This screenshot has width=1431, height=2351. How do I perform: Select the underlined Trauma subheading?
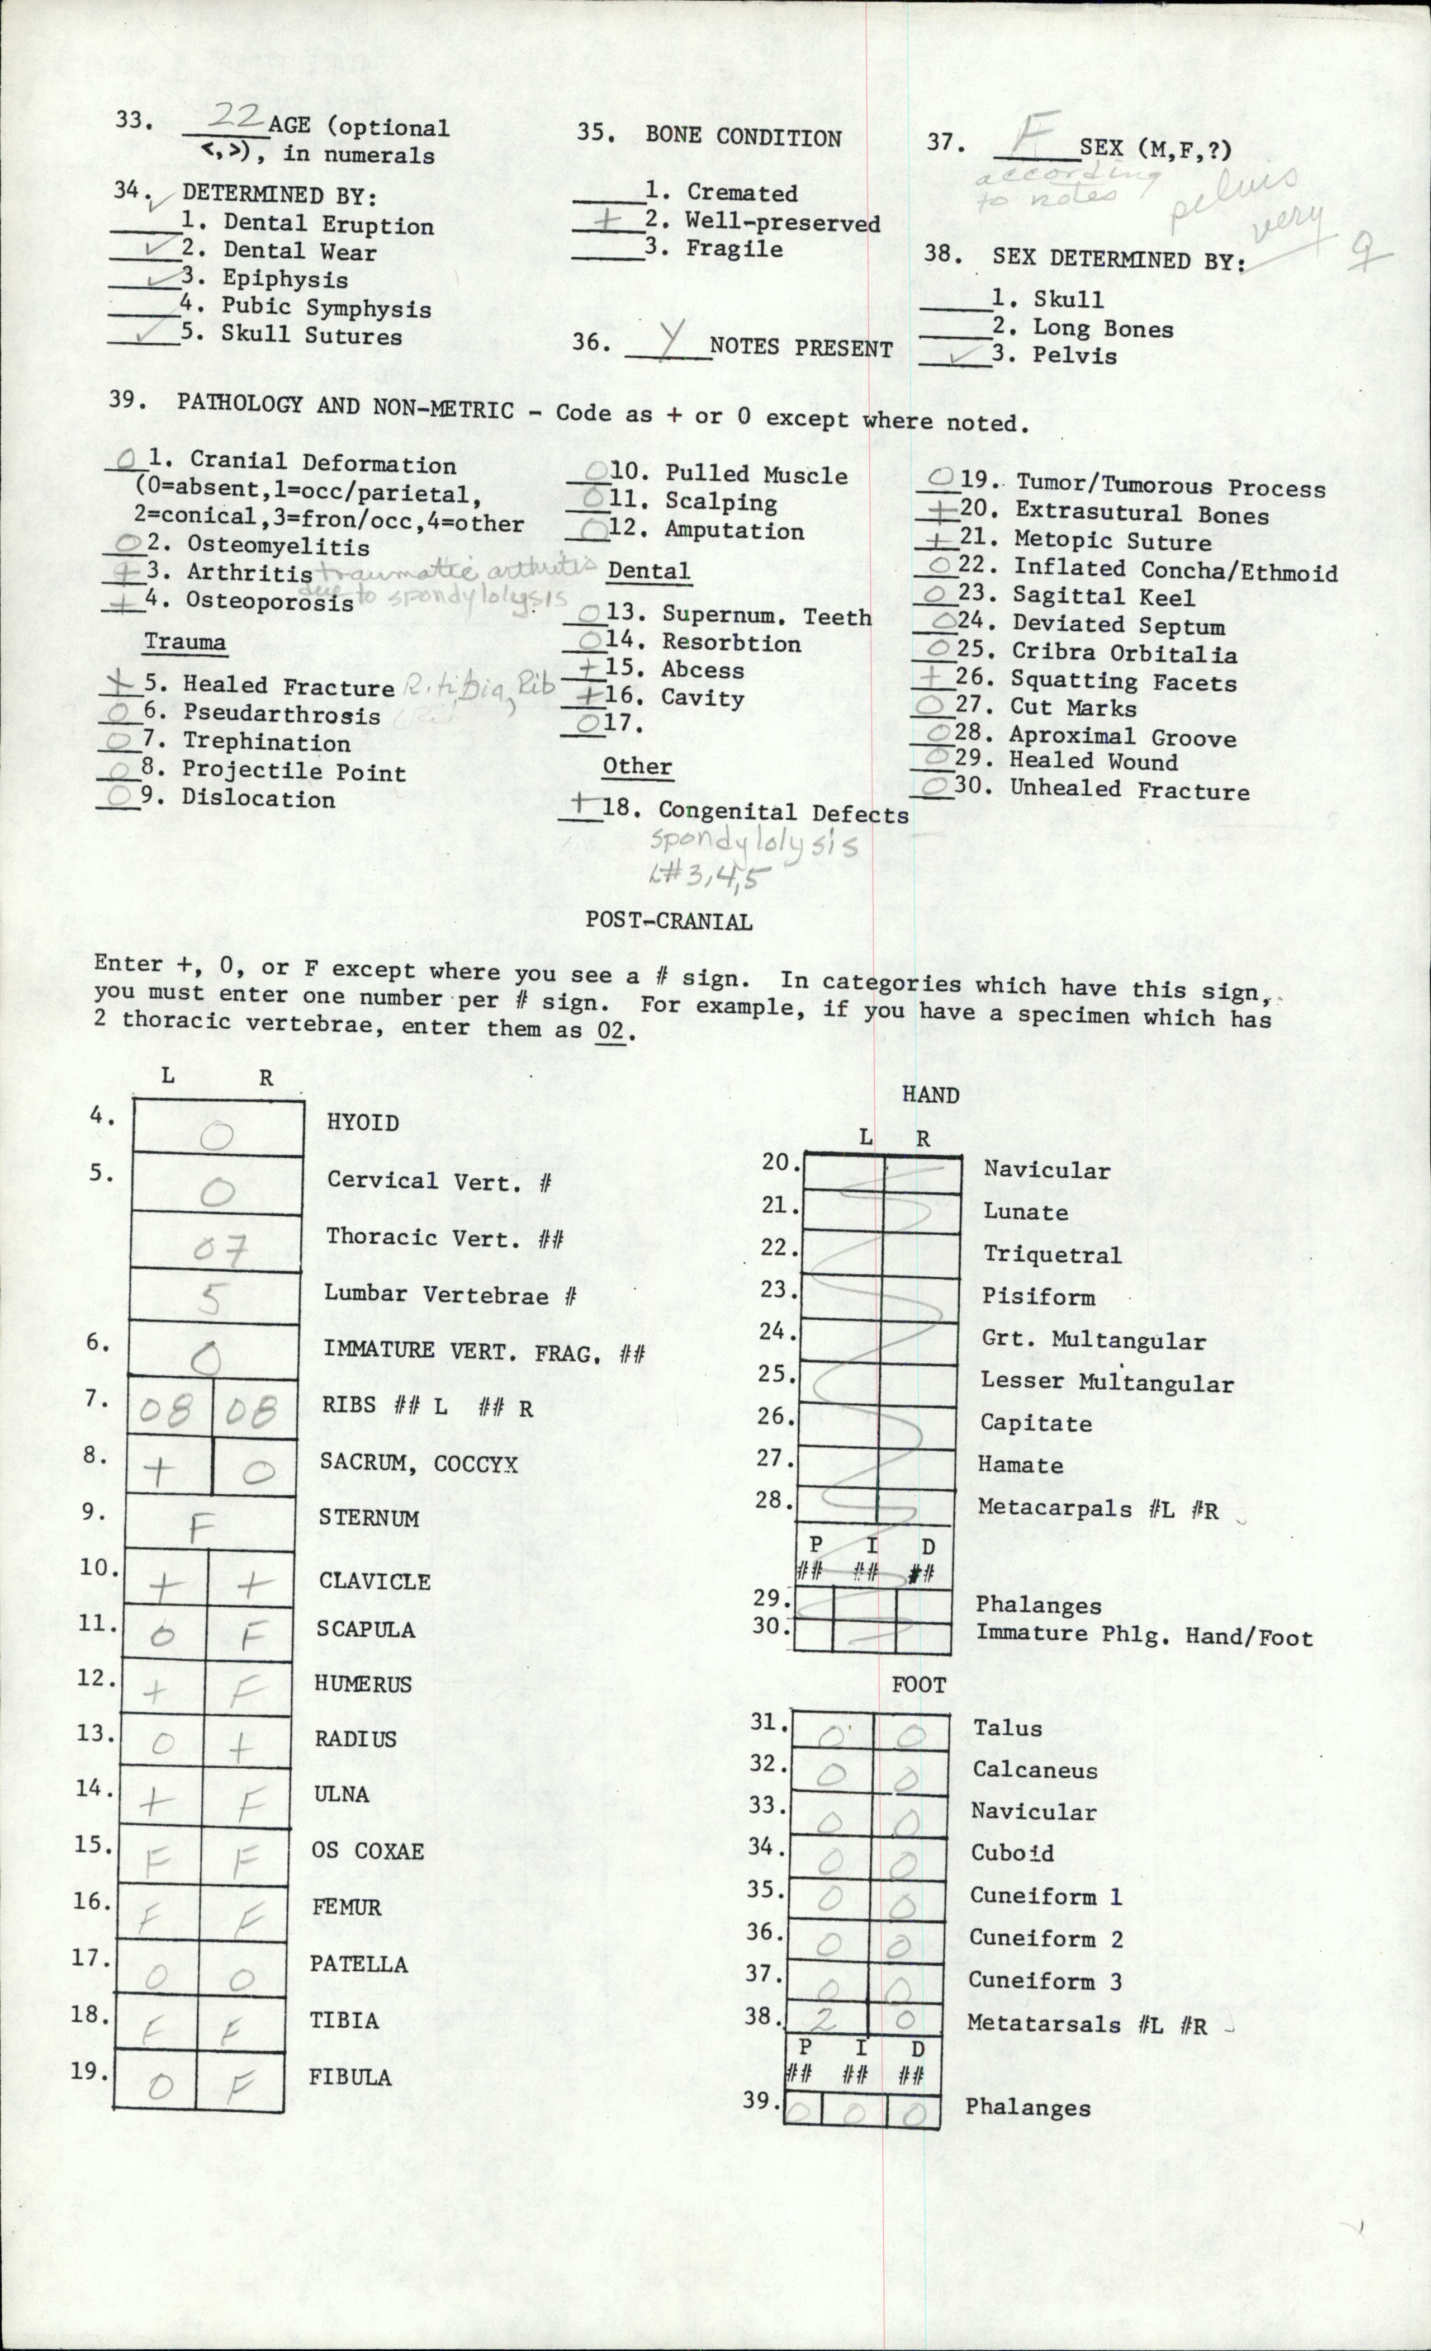(x=185, y=641)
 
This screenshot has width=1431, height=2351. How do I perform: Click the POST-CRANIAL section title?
(x=668, y=920)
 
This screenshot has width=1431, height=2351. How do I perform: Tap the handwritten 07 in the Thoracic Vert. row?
(x=220, y=1248)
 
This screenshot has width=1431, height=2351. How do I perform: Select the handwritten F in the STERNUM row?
(x=200, y=1528)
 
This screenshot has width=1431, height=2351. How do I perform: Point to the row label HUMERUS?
(x=363, y=1684)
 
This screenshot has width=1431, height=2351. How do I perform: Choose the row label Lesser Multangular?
(x=1107, y=1382)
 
